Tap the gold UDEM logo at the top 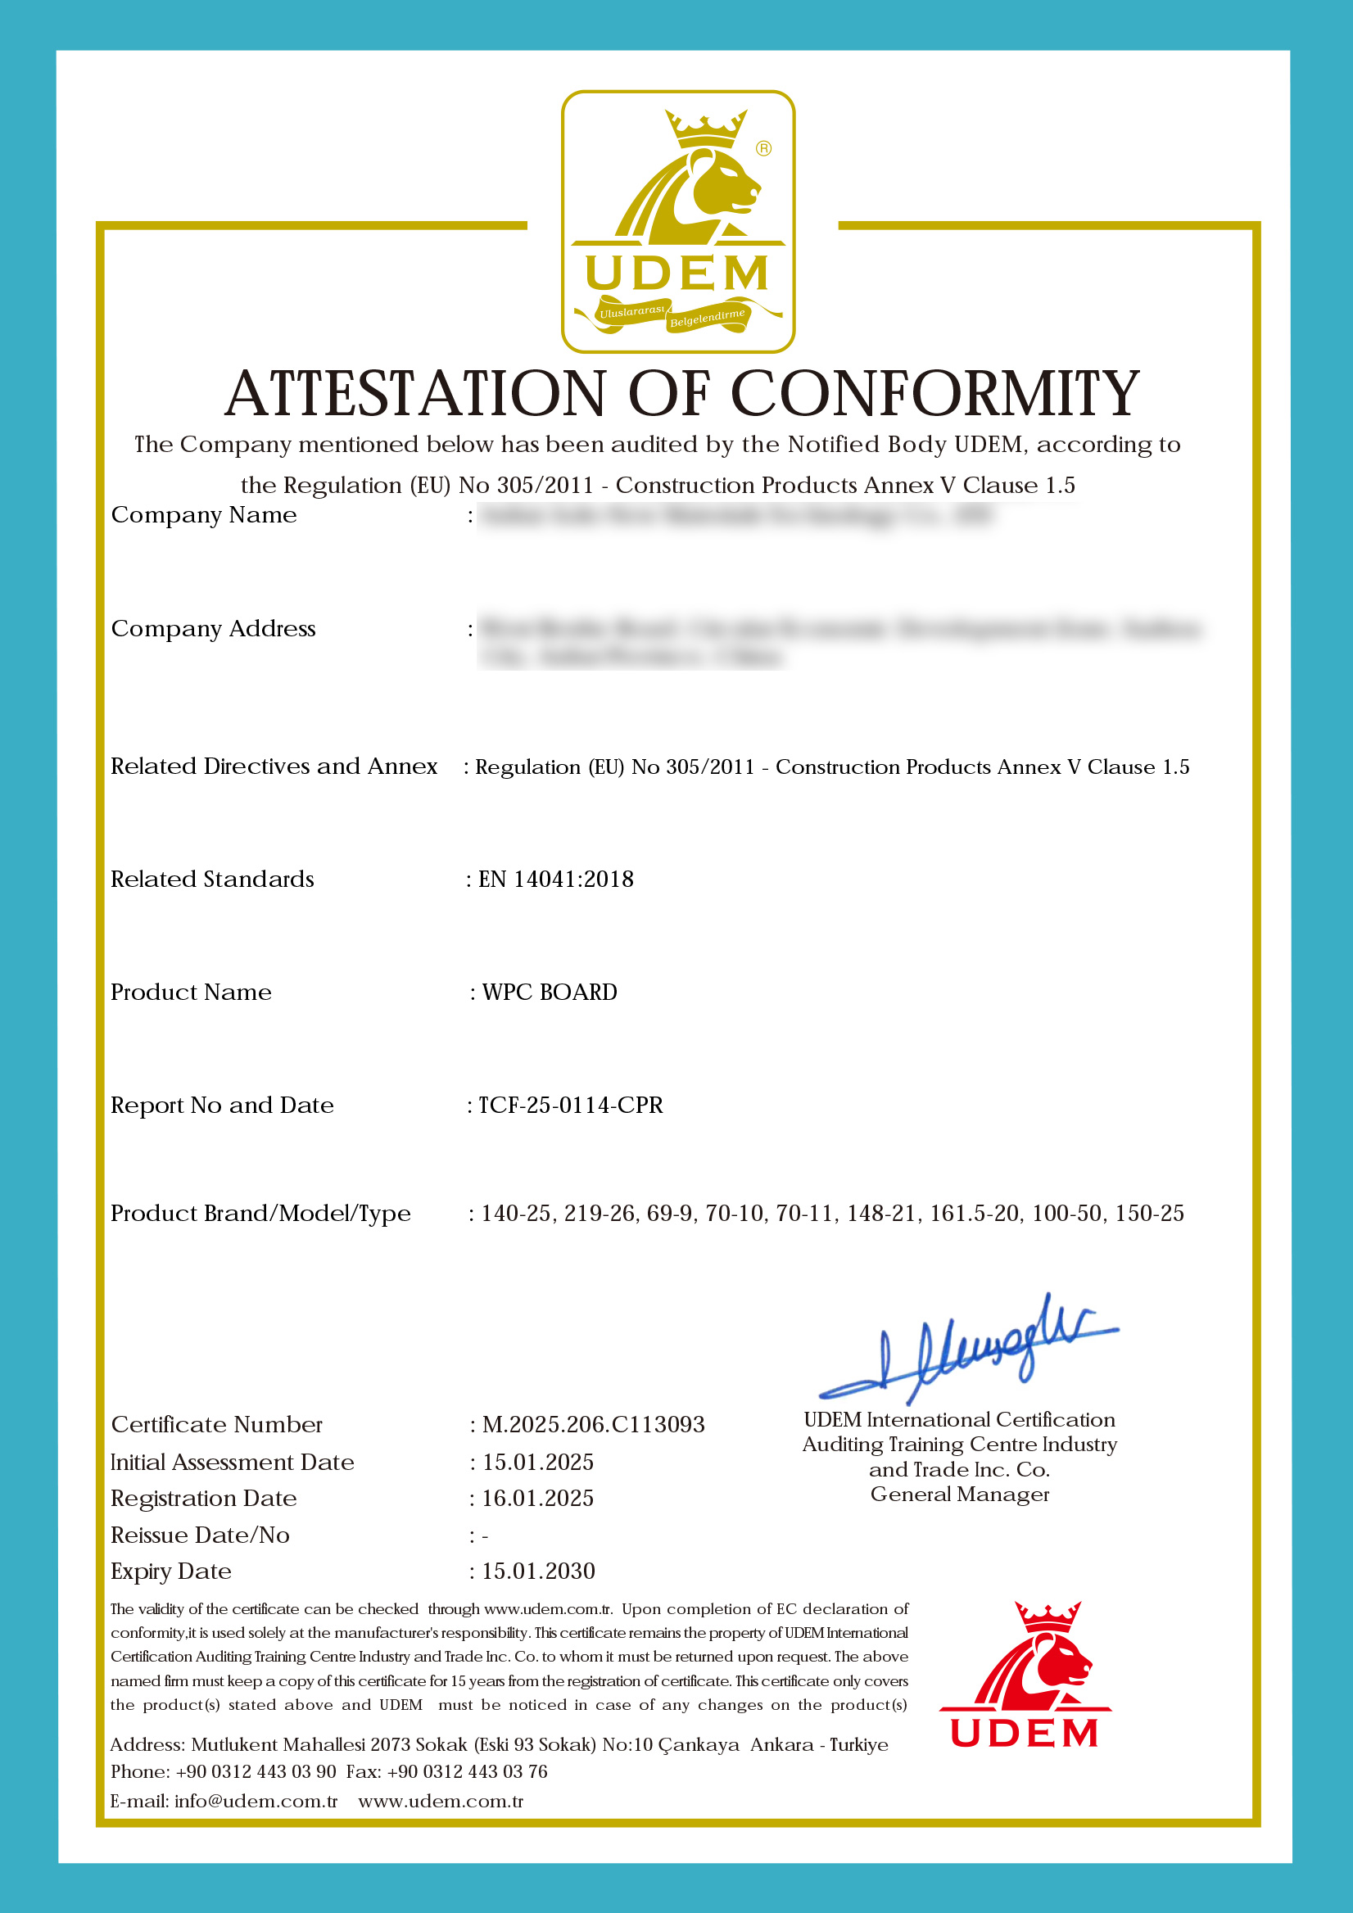[677, 222]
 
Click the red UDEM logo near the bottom [1025, 1676]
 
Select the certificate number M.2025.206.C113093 [593, 1425]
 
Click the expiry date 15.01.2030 [538, 1572]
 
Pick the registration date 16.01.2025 [537, 1498]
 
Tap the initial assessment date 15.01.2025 [537, 1463]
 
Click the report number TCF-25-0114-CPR [570, 1105]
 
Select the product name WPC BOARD [549, 993]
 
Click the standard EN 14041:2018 [555, 879]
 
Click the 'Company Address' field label [213, 629]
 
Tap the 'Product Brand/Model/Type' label [260, 1214]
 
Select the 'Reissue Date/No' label [200, 1535]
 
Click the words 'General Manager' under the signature [960, 1495]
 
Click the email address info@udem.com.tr [256, 1802]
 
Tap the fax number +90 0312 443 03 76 [468, 1771]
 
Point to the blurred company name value [736, 516]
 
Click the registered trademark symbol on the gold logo [763, 148]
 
